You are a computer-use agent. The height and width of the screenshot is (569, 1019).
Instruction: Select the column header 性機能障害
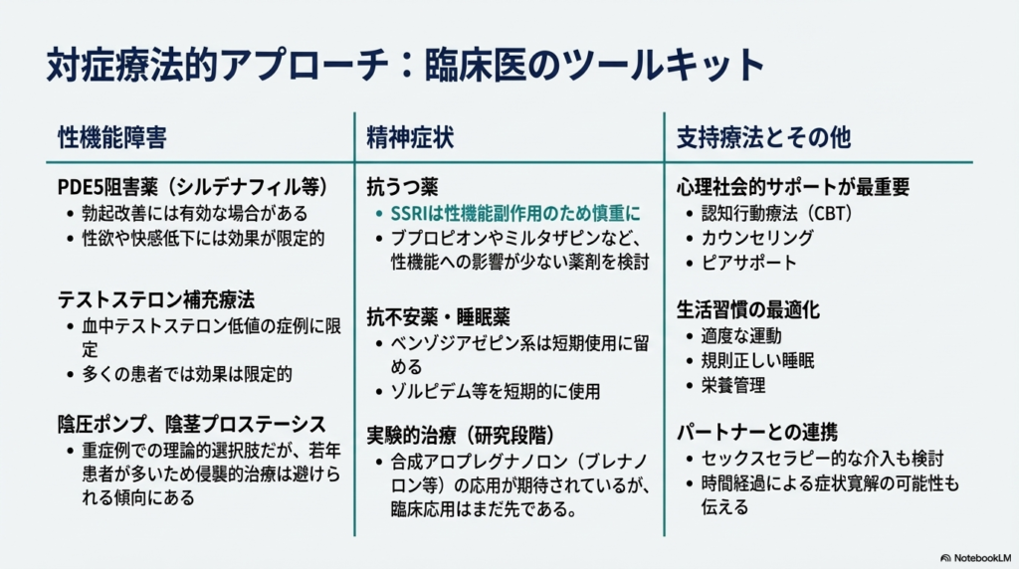[112, 137]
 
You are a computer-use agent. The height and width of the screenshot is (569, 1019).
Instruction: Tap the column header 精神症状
[410, 137]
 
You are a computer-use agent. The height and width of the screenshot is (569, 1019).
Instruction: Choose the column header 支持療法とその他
[763, 137]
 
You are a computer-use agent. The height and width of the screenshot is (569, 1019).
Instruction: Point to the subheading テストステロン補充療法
[156, 299]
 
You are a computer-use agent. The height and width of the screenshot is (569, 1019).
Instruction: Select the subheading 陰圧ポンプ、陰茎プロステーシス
[192, 424]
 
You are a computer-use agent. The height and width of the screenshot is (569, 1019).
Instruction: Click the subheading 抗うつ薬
[402, 187]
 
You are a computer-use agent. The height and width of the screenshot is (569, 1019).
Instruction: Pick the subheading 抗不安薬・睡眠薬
[438, 317]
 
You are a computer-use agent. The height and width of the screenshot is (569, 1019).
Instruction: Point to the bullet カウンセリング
[757, 238]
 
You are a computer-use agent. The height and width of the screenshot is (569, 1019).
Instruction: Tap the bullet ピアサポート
[748, 263]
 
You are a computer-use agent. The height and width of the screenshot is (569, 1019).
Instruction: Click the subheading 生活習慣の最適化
[748, 309]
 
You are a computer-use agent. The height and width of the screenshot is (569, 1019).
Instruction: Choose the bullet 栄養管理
[733, 385]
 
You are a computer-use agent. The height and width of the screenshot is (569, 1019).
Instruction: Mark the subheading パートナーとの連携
[757, 432]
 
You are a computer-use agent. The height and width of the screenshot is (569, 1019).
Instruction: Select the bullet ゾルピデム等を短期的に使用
[496, 391]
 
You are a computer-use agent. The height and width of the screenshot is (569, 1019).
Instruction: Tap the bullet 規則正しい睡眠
[757, 360]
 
